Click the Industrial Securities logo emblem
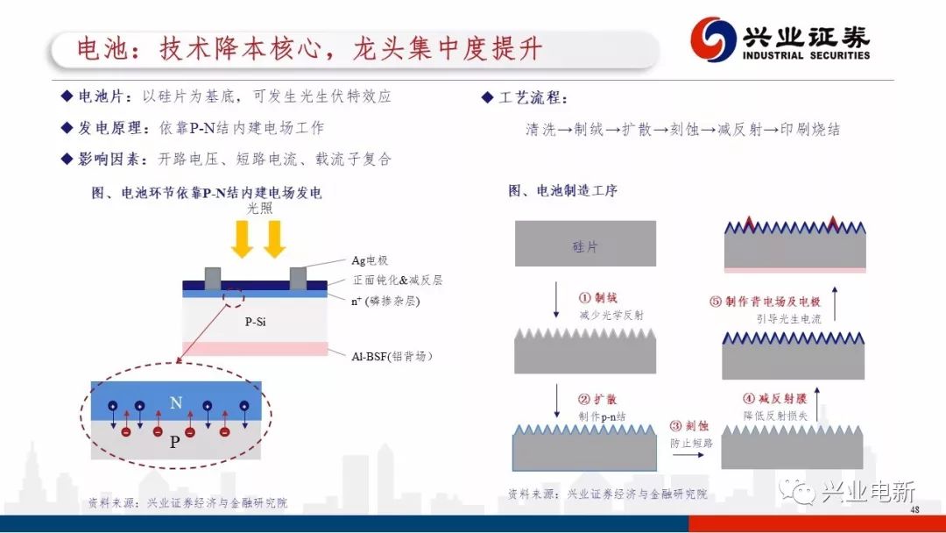[713, 39]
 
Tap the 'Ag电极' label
[370, 260]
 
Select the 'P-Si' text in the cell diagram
[255, 322]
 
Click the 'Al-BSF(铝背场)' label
[392, 356]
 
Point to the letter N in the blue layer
[176, 402]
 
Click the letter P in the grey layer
[174, 442]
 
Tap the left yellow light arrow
[243, 239]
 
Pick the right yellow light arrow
[274, 239]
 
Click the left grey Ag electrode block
[212, 279]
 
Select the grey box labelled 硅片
[585, 243]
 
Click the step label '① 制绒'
[598, 297]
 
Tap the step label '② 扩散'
[597, 399]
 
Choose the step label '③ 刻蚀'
[689, 425]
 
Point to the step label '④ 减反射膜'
[774, 398]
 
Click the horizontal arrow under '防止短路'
[688, 454]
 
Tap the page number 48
[914, 509]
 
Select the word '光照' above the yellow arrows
[260, 209]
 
